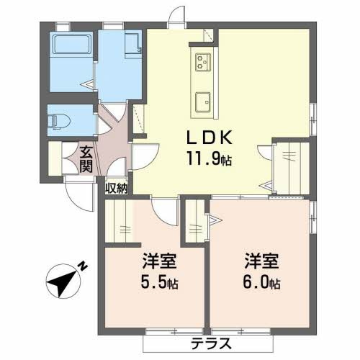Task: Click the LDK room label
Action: coord(210,138)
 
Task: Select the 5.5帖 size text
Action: coord(159,282)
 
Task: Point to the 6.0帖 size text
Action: coord(261,282)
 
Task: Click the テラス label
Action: coord(211,343)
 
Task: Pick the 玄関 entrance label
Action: coord(86,159)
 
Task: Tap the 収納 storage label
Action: coord(117,188)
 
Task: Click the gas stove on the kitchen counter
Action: coord(203,62)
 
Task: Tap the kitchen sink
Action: coord(203,102)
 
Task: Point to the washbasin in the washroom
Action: coord(132,46)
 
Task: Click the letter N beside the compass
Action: coord(83,266)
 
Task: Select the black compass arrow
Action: coord(61,282)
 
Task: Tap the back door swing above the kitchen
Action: coord(177,15)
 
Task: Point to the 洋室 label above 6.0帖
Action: coord(261,261)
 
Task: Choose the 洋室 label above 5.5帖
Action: coord(159,261)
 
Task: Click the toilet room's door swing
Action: coord(103,125)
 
